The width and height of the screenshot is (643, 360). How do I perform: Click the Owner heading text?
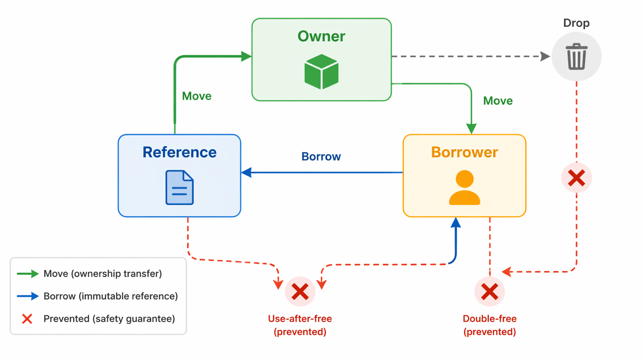pyautogui.click(x=321, y=36)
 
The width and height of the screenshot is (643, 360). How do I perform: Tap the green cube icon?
pyautogui.click(x=321, y=72)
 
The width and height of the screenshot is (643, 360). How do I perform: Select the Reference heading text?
pyautogui.click(x=179, y=152)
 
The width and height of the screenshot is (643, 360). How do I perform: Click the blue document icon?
pyautogui.click(x=179, y=188)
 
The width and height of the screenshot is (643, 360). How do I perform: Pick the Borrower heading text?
pyautogui.click(x=464, y=152)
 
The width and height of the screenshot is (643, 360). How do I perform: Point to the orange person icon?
pyautogui.click(x=464, y=188)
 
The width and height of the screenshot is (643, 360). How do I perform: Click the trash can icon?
pyautogui.click(x=576, y=56)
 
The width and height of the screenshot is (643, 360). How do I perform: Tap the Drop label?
pyautogui.click(x=576, y=23)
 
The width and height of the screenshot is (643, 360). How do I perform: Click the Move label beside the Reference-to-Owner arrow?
pyautogui.click(x=197, y=96)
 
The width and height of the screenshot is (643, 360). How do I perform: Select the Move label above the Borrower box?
pyautogui.click(x=498, y=101)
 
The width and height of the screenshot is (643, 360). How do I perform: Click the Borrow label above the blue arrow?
pyautogui.click(x=321, y=157)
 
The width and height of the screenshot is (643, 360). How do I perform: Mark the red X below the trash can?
pyautogui.click(x=576, y=178)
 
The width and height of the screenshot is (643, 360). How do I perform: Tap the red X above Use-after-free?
pyautogui.click(x=300, y=292)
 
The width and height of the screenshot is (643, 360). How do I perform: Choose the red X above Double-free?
pyautogui.click(x=489, y=292)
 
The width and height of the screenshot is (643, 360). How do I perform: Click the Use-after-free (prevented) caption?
pyautogui.click(x=300, y=325)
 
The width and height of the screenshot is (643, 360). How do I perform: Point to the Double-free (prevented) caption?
pyautogui.click(x=489, y=325)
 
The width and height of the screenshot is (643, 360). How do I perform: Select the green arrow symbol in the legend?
pyautogui.click(x=28, y=274)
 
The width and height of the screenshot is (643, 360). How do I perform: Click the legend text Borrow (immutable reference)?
pyautogui.click(x=111, y=296)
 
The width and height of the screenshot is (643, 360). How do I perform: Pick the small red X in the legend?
pyautogui.click(x=27, y=319)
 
